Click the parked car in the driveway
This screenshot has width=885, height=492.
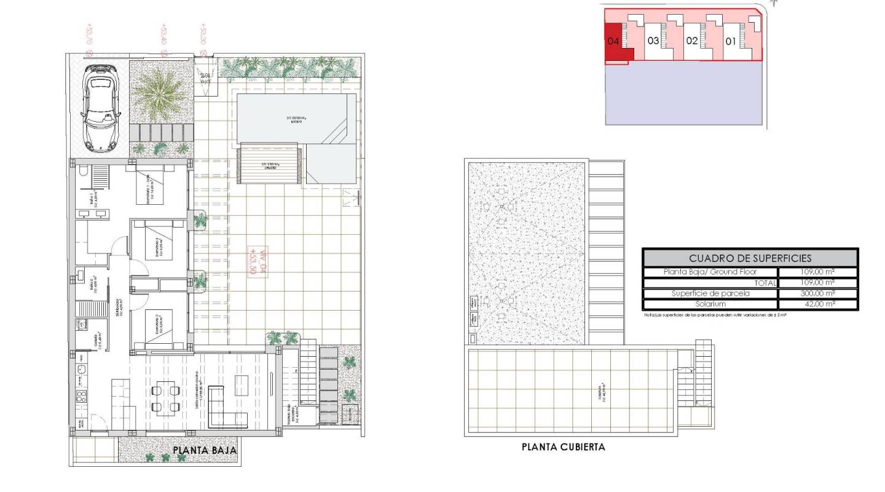click(x=99, y=105)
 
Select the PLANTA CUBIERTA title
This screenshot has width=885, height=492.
click(x=563, y=447)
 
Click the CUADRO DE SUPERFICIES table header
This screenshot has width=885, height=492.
click(x=750, y=258)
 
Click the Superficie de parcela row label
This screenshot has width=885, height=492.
click(x=710, y=293)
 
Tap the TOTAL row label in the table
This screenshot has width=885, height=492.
click(x=761, y=282)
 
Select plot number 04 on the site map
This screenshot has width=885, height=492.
click(x=613, y=42)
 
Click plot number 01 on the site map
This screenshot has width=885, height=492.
click(x=731, y=42)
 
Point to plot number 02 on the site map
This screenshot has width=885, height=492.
click(x=692, y=42)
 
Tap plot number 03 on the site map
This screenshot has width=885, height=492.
click(x=653, y=42)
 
